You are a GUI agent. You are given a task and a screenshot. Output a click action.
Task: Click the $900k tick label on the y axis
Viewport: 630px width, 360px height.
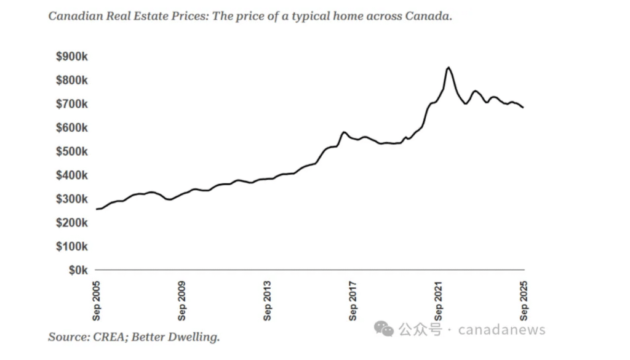[72, 57]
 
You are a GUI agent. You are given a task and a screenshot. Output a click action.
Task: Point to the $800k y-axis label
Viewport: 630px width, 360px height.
[72, 81]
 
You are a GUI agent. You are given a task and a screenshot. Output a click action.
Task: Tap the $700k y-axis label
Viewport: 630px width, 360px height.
[72, 104]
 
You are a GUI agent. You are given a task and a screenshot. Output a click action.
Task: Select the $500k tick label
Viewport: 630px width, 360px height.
[72, 151]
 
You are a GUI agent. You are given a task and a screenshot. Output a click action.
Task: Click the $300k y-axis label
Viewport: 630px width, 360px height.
[72, 199]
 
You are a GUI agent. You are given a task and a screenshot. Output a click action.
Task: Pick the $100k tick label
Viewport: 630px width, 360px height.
[72, 246]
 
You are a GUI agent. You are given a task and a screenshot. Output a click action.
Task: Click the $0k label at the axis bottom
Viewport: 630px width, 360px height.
[77, 270]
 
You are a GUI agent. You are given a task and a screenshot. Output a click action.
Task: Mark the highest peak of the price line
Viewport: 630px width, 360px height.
[449, 67]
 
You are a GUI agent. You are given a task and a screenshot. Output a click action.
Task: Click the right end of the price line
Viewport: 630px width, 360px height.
[524, 108]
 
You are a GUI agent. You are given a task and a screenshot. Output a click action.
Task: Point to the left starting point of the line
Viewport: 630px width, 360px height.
[97, 209]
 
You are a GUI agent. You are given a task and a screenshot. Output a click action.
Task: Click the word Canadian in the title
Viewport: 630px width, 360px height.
[72, 16]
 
